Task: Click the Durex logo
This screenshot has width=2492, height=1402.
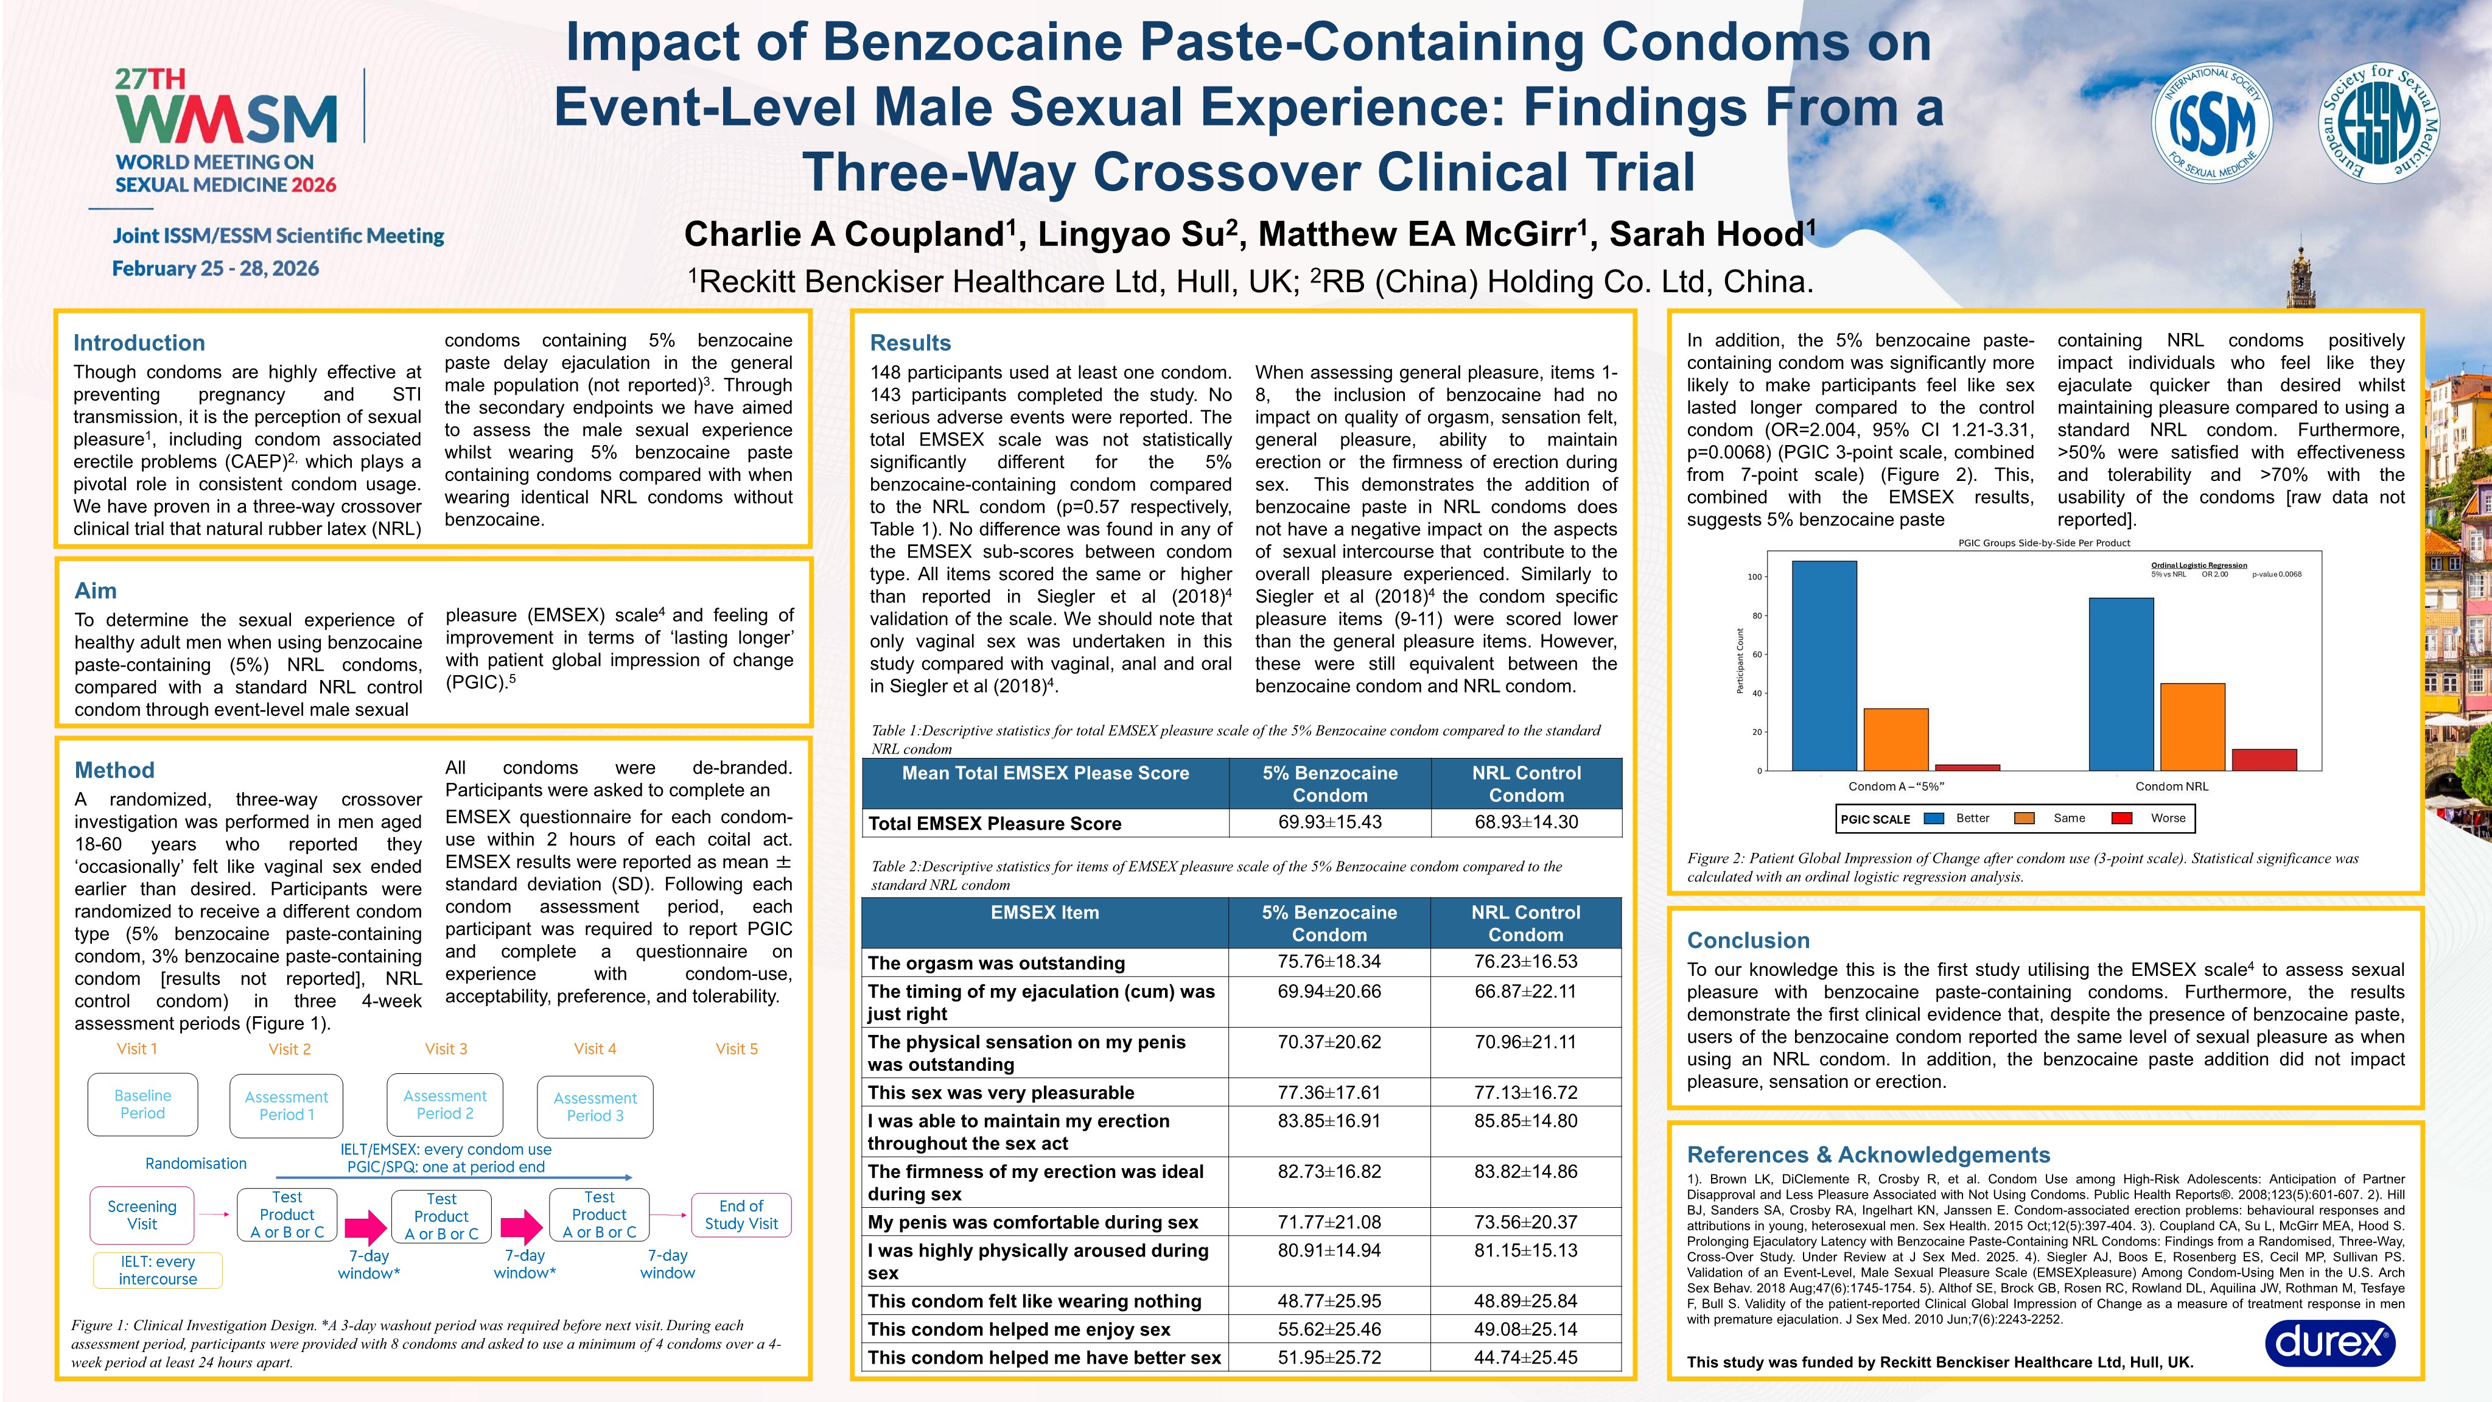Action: tap(2329, 1343)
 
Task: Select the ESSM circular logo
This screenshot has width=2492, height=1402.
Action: tap(2380, 123)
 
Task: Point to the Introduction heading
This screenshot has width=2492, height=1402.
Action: tap(139, 343)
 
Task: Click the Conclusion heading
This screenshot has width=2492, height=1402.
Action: tap(1748, 941)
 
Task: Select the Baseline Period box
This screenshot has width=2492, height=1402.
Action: tap(142, 1104)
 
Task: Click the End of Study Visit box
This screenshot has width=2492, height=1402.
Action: tap(741, 1214)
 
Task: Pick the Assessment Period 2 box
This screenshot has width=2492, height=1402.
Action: tap(445, 1104)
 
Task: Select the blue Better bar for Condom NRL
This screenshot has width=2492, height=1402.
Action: tap(2121, 684)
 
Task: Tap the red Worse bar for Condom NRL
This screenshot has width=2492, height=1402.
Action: tap(2264, 760)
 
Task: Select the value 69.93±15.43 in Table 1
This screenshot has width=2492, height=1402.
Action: tap(1329, 822)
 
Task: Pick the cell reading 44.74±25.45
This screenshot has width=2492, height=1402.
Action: tap(1525, 1358)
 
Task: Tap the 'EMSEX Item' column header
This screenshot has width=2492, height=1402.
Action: tap(1045, 913)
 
